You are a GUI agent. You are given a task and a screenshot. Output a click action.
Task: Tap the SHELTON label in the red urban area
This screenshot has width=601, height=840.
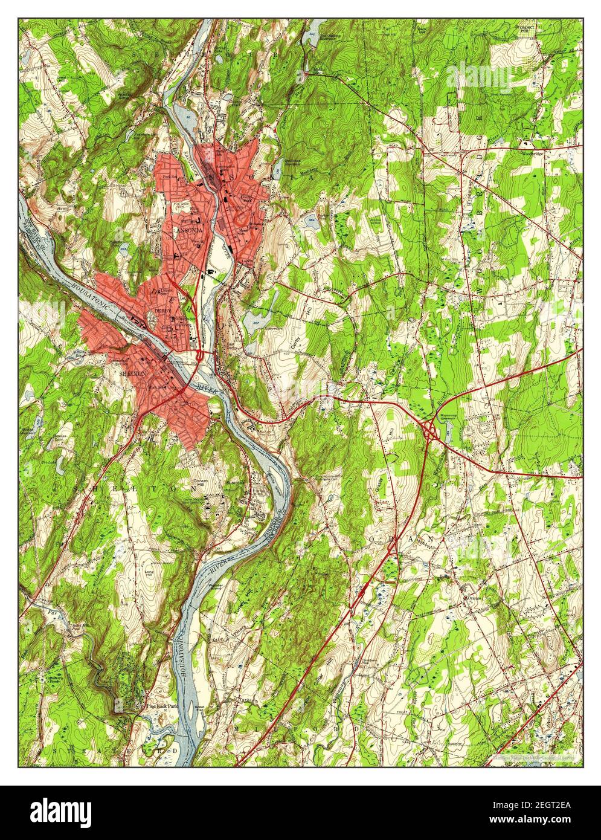coord(133,373)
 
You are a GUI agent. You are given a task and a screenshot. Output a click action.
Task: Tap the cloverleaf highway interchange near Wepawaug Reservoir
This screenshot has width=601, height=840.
coord(430,430)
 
